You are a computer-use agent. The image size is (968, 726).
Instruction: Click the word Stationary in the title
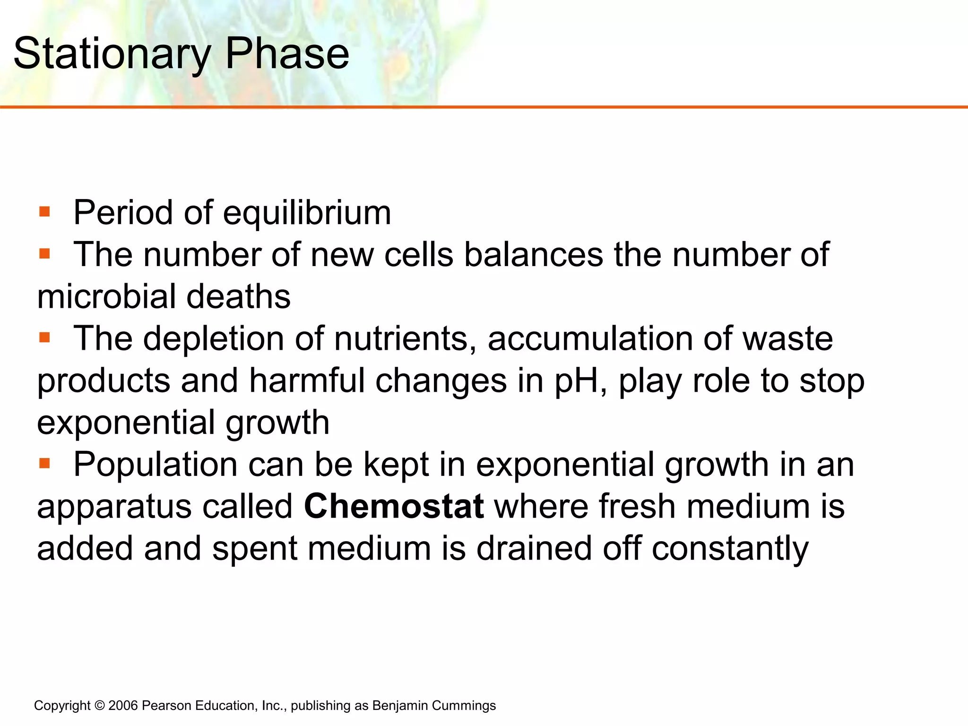(112, 54)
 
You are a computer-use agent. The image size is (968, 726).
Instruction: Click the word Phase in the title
(287, 53)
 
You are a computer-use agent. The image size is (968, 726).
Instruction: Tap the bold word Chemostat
(394, 506)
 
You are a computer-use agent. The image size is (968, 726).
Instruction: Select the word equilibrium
(307, 213)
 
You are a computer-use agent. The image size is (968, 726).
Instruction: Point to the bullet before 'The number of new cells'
(45, 254)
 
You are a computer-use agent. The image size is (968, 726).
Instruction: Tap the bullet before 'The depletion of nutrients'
(45, 337)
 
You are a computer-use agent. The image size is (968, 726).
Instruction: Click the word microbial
(106, 297)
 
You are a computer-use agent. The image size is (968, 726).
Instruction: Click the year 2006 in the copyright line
(123, 706)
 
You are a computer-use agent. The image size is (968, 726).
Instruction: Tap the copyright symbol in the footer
(99, 706)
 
